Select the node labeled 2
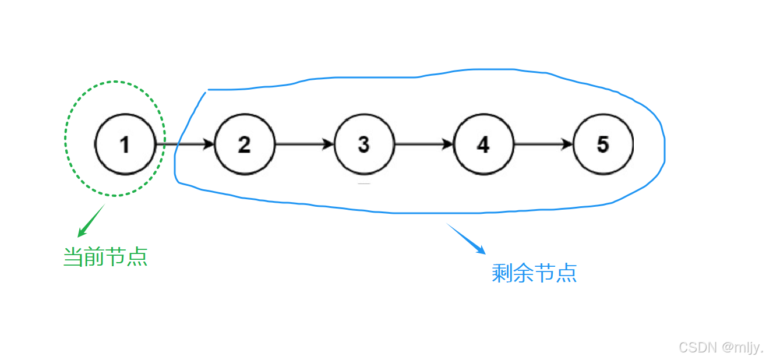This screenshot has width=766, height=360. pos(244,144)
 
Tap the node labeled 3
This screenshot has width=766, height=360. pos(364,144)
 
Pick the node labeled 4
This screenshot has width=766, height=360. pos(483,144)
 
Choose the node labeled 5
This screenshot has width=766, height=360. pos(603,144)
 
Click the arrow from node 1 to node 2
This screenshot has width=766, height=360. pos(185,144)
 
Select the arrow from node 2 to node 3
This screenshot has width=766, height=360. pos(304,144)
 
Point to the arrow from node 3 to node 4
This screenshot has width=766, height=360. pos(423,144)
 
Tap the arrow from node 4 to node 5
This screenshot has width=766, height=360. pos(543,144)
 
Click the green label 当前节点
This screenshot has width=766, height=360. pos(105,257)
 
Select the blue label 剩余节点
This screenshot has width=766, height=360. pos(534,273)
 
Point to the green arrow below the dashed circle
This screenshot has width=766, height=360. pos(91,221)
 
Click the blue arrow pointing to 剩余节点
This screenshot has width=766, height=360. pos(466,239)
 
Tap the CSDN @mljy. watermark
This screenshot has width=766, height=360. pos(720,348)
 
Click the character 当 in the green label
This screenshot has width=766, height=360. pos(73,257)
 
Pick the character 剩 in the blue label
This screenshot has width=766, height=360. pos(502,273)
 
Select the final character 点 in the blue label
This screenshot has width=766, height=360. pos(566,273)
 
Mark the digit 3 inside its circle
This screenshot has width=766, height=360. pos(364,144)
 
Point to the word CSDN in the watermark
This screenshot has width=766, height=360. pos(697,348)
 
